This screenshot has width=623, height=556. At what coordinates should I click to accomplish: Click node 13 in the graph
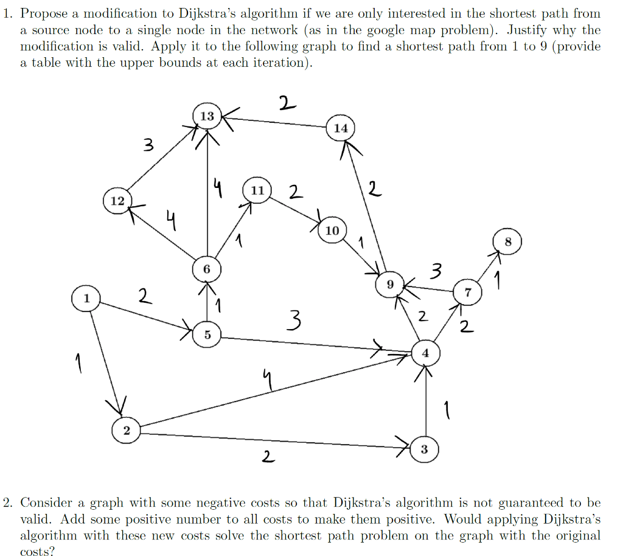[207, 116]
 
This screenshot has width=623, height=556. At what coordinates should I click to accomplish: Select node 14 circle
[341, 128]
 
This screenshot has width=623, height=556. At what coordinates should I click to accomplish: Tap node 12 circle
[117, 200]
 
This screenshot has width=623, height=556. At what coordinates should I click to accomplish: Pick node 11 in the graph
[257, 190]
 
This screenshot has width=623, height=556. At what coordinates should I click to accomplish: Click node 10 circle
[332, 231]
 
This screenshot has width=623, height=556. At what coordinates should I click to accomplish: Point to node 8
[509, 242]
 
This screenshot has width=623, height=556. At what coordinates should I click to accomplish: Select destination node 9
[391, 283]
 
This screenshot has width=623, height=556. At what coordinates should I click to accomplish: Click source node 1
[86, 298]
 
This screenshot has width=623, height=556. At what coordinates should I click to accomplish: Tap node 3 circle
[424, 450]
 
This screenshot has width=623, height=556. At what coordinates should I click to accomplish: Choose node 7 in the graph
[467, 292]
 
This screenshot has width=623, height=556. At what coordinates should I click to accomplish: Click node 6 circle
[206, 268]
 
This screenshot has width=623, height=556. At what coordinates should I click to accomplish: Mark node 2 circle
[126, 430]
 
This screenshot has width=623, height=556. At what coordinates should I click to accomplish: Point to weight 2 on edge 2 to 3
[266, 456]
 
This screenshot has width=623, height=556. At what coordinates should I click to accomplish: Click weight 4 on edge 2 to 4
[265, 382]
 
